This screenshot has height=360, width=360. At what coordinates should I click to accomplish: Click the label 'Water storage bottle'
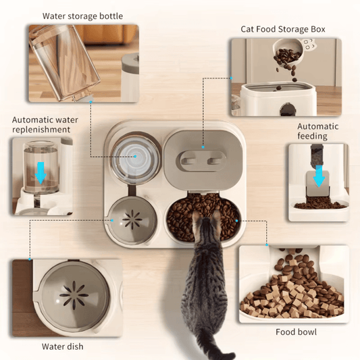82,16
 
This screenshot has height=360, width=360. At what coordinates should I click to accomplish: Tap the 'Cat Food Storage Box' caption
283,29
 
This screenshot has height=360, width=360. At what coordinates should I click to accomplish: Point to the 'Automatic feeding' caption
312,131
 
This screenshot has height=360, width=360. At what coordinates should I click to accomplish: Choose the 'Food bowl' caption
296,332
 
